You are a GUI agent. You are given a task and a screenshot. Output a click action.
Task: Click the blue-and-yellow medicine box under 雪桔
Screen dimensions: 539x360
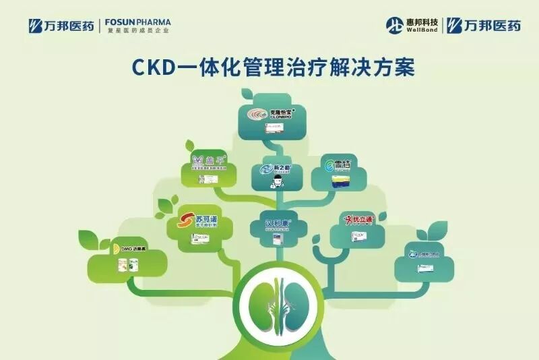[x=341, y=180]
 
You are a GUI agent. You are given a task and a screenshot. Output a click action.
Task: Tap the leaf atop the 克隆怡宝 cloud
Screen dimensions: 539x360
[x=250, y=94]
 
